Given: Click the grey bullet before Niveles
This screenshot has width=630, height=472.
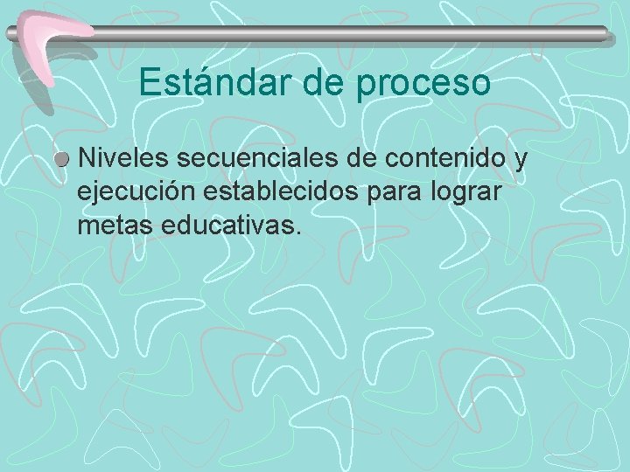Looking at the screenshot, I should point(62,161).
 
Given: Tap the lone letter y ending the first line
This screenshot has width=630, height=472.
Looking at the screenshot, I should point(521,161).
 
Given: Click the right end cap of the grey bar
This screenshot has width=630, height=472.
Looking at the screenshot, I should point(605,34).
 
